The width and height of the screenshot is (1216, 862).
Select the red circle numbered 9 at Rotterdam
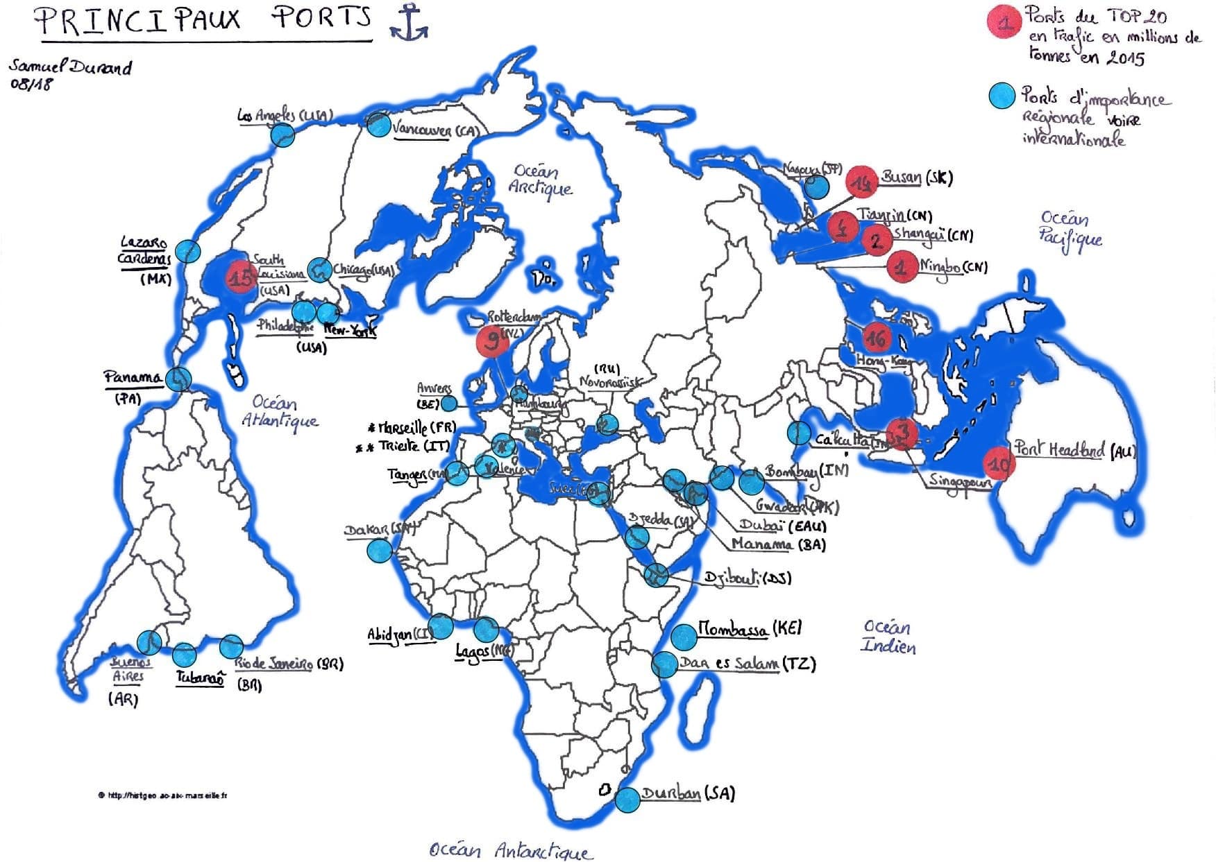493,340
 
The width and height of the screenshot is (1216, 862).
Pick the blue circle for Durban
627,800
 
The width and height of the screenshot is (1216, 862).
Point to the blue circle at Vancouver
379,125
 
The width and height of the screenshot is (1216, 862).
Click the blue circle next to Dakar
380,551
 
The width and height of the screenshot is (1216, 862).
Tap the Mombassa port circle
684,635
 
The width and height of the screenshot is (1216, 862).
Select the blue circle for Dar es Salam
664,664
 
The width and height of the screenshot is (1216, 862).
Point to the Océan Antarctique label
510,850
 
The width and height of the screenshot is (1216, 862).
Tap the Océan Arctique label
540,180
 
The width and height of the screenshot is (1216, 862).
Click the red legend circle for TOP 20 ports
1004,21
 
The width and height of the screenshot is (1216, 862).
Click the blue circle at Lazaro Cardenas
187,250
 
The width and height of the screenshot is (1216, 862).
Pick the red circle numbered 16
876,338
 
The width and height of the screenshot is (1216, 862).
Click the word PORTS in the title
321,18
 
